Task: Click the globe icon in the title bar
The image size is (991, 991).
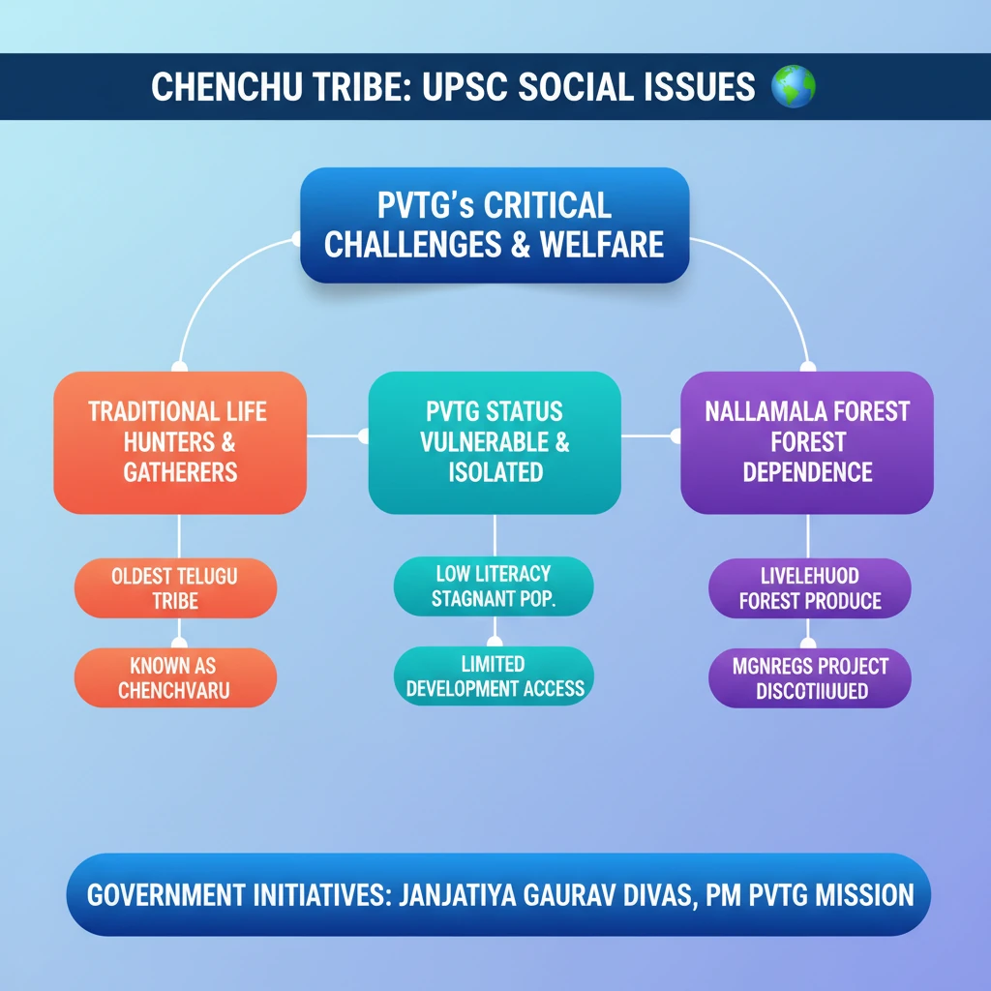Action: click(793, 87)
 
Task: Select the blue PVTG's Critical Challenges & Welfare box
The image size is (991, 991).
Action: click(494, 225)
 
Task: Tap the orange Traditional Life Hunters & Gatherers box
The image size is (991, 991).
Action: click(180, 442)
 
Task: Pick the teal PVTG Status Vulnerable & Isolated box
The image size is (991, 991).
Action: click(495, 442)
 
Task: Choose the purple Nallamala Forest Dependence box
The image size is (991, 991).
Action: click(807, 442)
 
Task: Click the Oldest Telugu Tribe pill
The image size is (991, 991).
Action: click(175, 588)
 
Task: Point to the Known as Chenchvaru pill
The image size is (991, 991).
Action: click(175, 677)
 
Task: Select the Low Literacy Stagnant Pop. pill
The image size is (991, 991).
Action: click(494, 586)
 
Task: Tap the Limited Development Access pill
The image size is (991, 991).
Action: click(495, 676)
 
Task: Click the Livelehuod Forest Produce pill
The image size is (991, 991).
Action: click(810, 588)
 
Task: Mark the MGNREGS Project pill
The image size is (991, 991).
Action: click(810, 677)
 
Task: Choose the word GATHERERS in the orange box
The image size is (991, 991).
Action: click(180, 472)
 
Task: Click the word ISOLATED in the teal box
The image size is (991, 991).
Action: click(495, 472)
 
